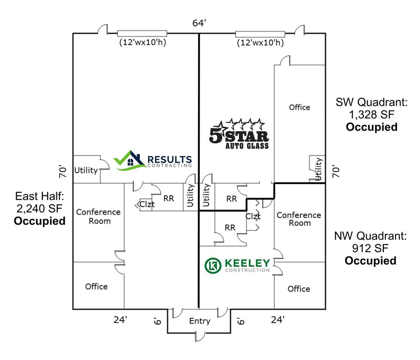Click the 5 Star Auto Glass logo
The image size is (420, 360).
pyautogui.click(x=239, y=133)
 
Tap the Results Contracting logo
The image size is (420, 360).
pyautogui.click(x=153, y=160)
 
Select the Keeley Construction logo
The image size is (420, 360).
pyautogui.click(x=237, y=265)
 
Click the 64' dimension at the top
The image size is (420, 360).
pyautogui.click(x=199, y=23)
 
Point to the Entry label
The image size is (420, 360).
pyautogui.click(x=200, y=321)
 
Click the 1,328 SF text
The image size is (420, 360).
pyautogui.click(x=372, y=114)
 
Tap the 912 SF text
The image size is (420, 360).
pyautogui.click(x=370, y=248)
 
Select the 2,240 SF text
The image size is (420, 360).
pyautogui.click(x=39, y=208)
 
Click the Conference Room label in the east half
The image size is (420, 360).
pyautogui.click(x=99, y=216)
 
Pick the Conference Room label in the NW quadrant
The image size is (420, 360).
pyautogui.click(x=299, y=219)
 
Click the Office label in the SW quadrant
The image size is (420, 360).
pyautogui.click(x=300, y=107)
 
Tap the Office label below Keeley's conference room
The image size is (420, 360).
pyautogui.click(x=299, y=289)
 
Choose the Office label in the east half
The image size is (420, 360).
pyautogui.click(x=96, y=286)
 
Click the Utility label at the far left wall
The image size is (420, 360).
pyautogui.click(x=86, y=170)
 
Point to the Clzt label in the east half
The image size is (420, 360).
pyautogui.click(x=147, y=204)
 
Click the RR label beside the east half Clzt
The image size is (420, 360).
pyautogui.click(x=169, y=198)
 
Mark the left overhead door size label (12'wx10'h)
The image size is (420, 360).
pyautogui.click(x=143, y=42)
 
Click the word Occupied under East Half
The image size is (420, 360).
pyautogui.click(x=40, y=221)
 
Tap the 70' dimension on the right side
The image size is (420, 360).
pyautogui.click(x=336, y=171)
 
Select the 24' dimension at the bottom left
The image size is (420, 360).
pyautogui.click(x=120, y=319)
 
